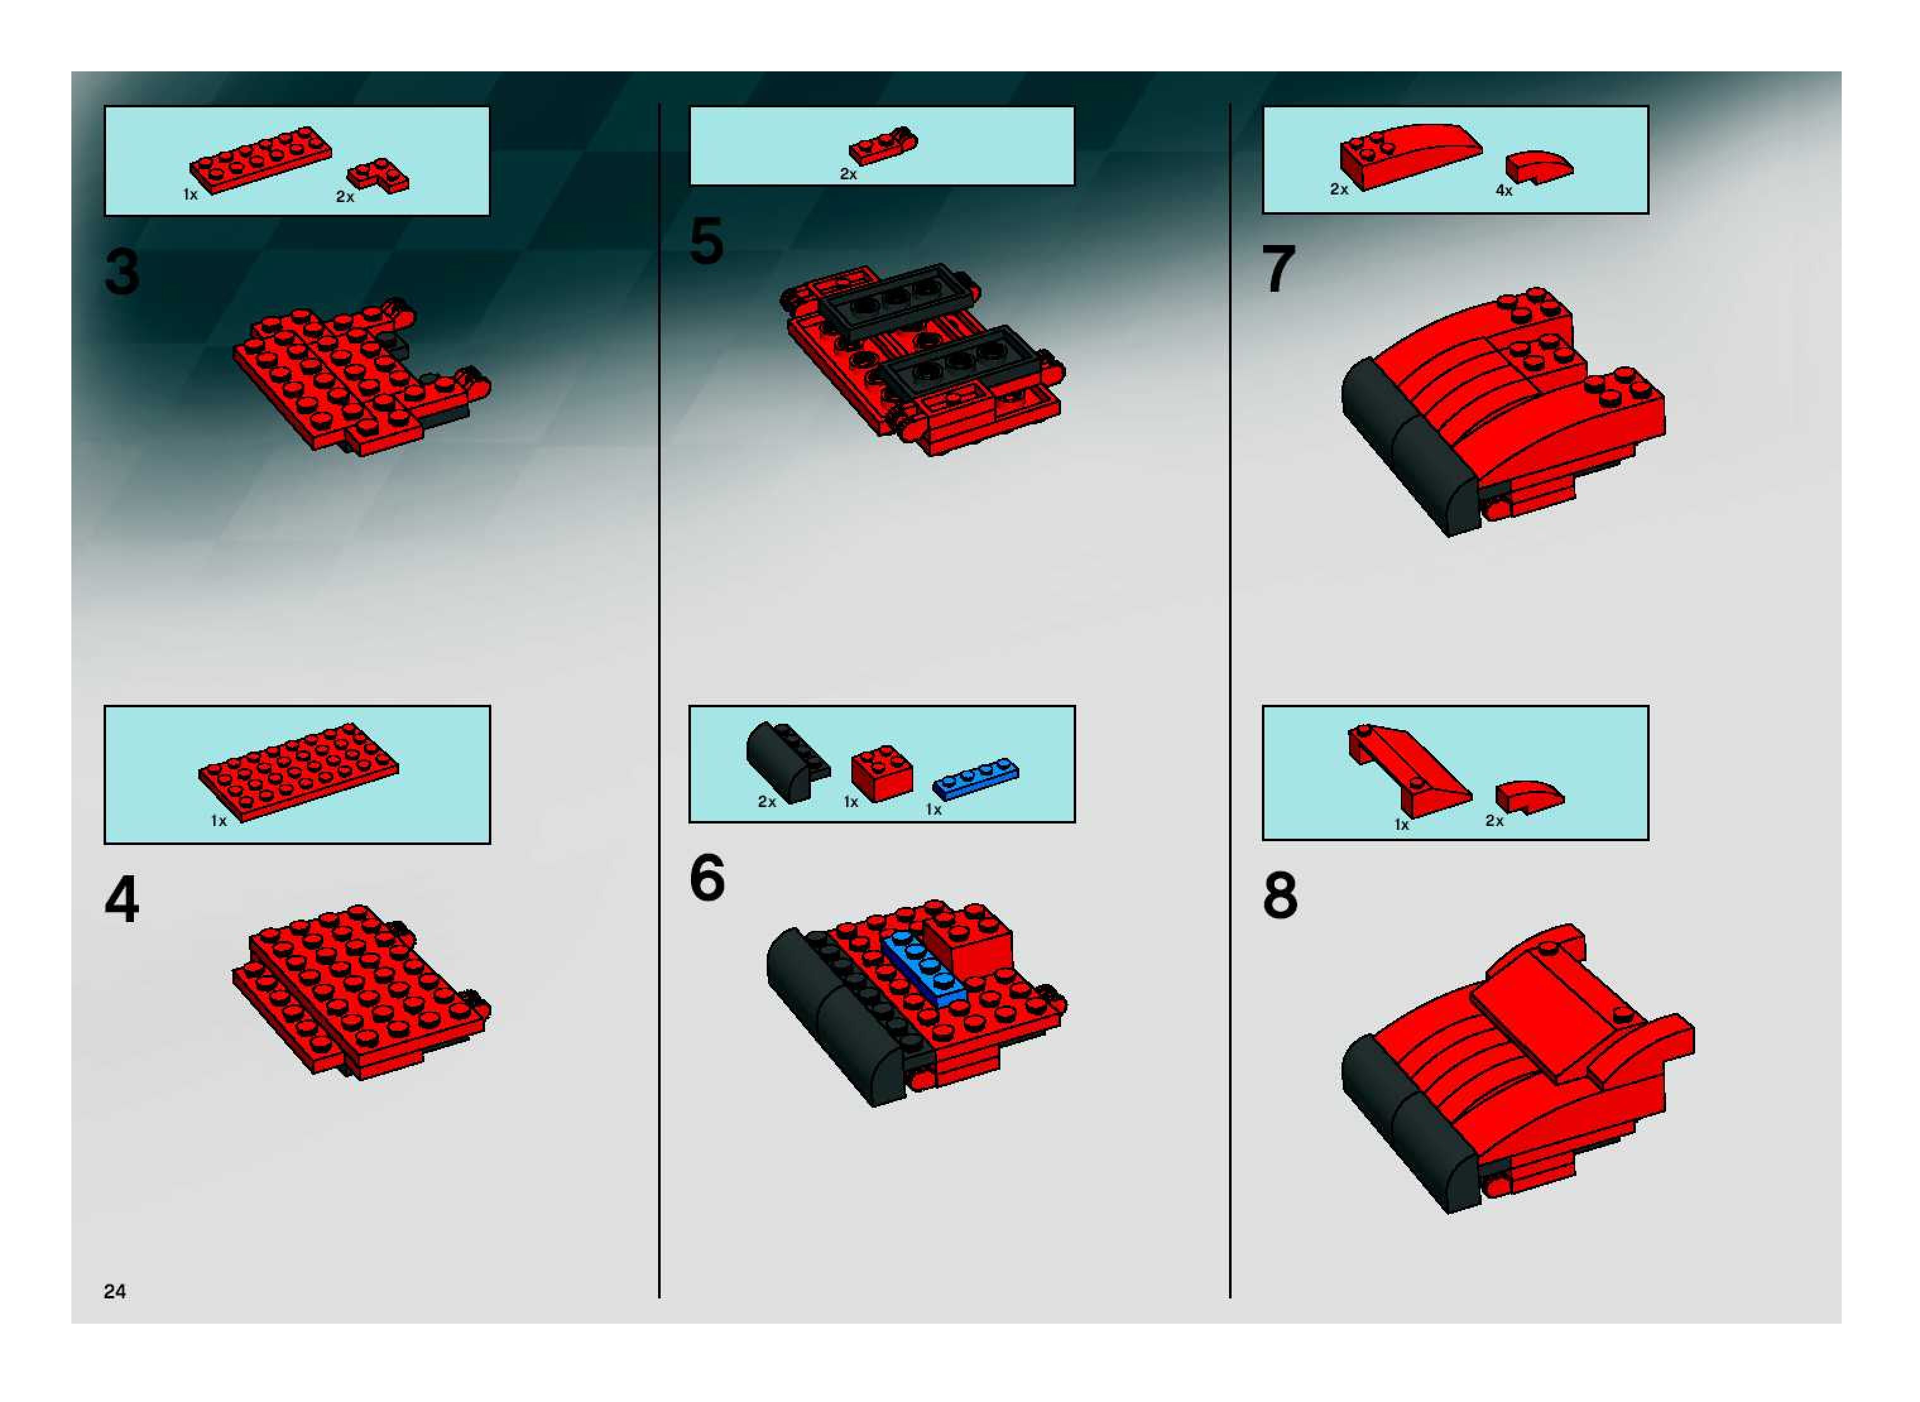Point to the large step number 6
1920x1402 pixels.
point(707,878)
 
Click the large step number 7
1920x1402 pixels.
point(1278,269)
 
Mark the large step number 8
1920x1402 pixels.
point(1280,896)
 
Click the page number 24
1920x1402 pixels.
point(114,1291)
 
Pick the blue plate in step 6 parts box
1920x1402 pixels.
point(976,777)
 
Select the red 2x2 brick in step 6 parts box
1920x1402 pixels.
point(882,772)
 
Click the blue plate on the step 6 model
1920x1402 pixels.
point(925,971)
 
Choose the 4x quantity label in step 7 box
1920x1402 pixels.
point(1503,191)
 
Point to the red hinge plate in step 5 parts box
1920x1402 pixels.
point(883,146)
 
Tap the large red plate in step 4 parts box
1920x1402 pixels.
point(298,772)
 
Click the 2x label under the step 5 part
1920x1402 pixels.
point(848,174)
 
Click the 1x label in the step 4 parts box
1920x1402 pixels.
point(219,820)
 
